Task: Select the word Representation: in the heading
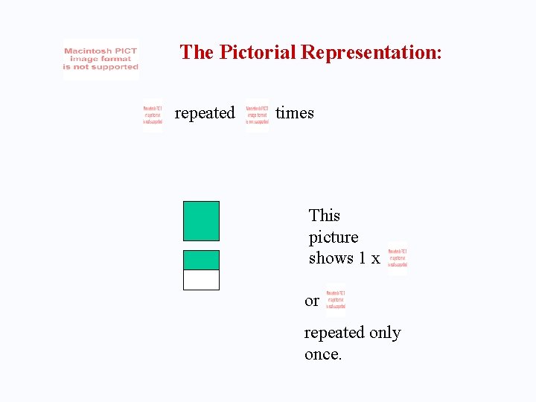(371, 52)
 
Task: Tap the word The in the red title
(197, 52)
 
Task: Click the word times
(295, 113)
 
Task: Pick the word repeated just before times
(204, 113)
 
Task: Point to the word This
(325, 216)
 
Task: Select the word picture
(334, 237)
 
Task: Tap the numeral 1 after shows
(363, 258)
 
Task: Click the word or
(312, 301)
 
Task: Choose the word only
(385, 333)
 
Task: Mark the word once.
(323, 354)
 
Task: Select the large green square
(201, 221)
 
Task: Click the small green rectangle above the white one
(201, 260)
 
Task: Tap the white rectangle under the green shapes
(201, 280)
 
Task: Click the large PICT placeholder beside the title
(101, 60)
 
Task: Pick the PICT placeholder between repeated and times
(258, 116)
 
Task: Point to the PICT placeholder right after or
(335, 299)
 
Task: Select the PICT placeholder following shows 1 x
(397, 258)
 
